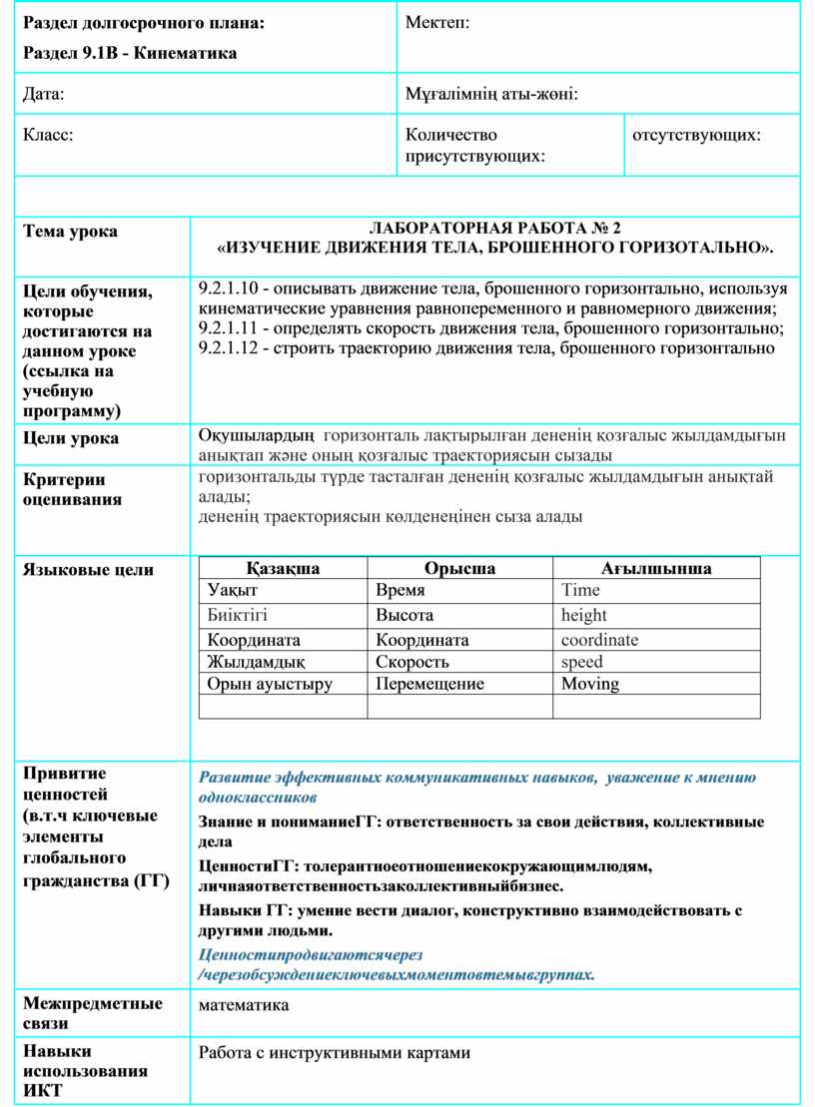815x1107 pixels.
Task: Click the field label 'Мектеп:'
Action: tap(437, 23)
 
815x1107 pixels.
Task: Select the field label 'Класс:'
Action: tap(48, 134)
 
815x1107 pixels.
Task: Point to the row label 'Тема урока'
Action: tap(70, 232)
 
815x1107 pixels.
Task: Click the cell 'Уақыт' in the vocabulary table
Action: tap(231, 591)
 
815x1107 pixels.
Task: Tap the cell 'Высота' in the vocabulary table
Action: tap(405, 615)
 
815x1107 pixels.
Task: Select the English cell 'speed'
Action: tap(581, 662)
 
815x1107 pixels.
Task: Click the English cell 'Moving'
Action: tap(589, 684)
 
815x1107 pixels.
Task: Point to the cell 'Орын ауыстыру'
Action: tap(270, 684)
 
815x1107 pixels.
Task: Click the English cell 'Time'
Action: tap(580, 591)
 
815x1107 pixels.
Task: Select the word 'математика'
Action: tap(244, 1005)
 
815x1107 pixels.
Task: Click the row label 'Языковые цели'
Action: tap(88, 570)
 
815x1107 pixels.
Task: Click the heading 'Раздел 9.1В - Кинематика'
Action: tap(130, 53)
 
